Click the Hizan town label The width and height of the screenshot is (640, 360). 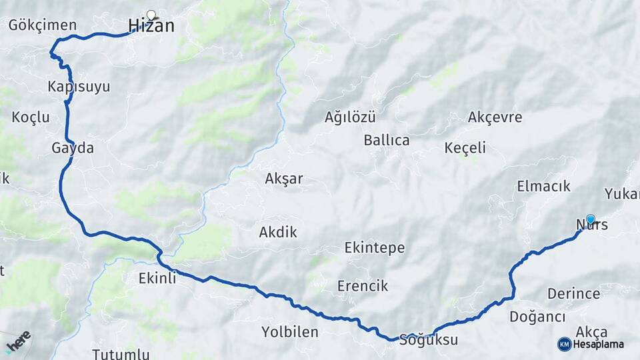[x=151, y=26]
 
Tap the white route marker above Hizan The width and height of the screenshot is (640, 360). [x=151, y=14]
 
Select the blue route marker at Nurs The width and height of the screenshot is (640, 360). [x=590, y=219]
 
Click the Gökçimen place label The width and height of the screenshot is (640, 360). [x=43, y=25]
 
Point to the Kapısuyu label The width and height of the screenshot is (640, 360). [x=79, y=87]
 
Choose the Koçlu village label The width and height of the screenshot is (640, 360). [x=31, y=117]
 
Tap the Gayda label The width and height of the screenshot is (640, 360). [x=73, y=148]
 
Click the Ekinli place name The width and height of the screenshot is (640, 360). [x=158, y=278]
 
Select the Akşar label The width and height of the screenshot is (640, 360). [x=284, y=179]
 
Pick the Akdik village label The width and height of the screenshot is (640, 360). [x=278, y=232]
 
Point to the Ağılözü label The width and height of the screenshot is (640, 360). [x=350, y=117]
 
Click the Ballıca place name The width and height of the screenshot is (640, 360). [x=387, y=141]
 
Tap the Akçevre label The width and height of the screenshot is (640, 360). [x=495, y=117]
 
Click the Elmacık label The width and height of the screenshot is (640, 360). [x=543, y=186]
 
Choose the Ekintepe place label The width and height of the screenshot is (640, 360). [x=375, y=248]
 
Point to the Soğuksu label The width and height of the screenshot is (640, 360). [x=429, y=340]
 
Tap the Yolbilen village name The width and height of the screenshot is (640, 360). [x=290, y=331]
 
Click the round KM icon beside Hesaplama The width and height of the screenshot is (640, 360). [x=565, y=344]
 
